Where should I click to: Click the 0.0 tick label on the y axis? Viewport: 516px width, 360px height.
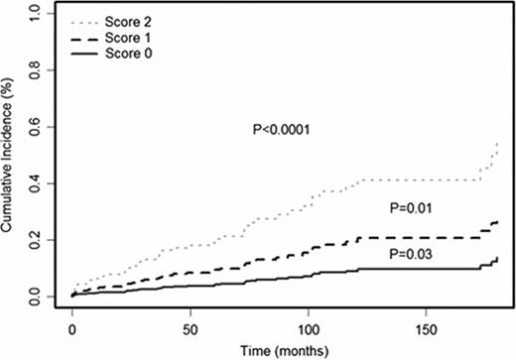[x=37, y=297]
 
